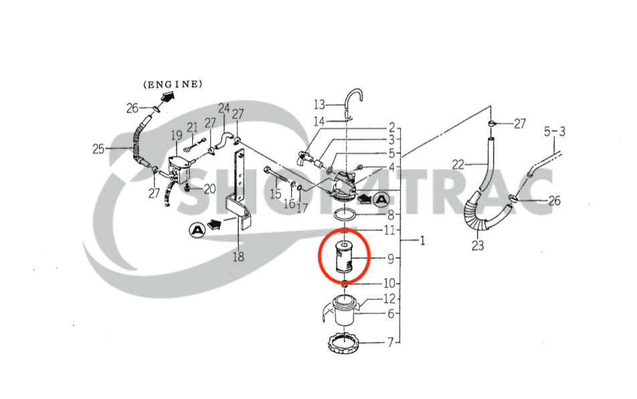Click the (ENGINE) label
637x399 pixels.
tap(173, 84)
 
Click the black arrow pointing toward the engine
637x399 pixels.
tap(167, 98)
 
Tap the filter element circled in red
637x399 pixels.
tap(343, 257)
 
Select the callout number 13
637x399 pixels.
tap(319, 105)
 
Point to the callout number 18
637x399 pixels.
tap(238, 257)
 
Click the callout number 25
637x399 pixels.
tap(98, 149)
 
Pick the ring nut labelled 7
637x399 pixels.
tap(344, 343)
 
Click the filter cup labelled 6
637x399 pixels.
tap(344, 311)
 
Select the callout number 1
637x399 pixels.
tap(422, 241)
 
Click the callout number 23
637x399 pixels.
tap(478, 245)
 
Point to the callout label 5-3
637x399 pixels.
tap(555, 132)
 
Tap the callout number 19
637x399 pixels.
tap(177, 135)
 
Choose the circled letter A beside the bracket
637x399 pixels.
tap(197, 230)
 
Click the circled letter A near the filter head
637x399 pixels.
tap(381, 199)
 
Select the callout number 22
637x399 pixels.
tap(458, 164)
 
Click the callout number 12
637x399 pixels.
tap(389, 299)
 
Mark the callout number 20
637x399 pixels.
tap(209, 188)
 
